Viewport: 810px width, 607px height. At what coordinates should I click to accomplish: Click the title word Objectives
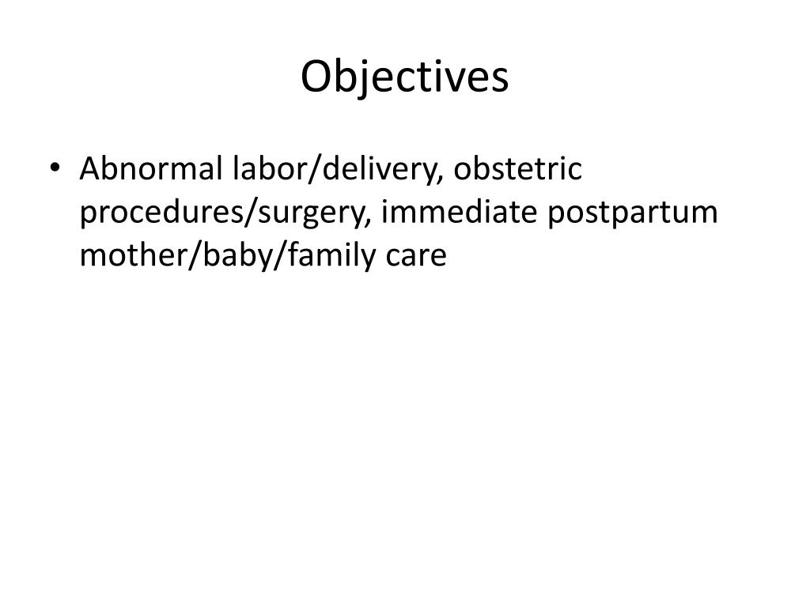click(404, 78)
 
